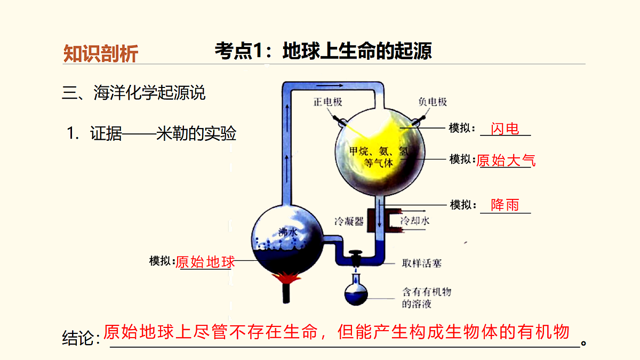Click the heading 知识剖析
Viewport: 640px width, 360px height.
click(x=101, y=53)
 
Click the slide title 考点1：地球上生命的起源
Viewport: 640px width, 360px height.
click(x=323, y=51)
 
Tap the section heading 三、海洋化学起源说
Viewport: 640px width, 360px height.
click(x=133, y=93)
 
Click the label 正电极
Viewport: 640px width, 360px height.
click(x=327, y=102)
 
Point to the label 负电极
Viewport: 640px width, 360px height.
click(x=433, y=102)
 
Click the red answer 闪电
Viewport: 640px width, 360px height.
click(x=505, y=129)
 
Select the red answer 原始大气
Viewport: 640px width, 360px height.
click(x=506, y=161)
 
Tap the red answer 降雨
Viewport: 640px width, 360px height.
click(x=505, y=205)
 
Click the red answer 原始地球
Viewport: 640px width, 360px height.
click(x=205, y=262)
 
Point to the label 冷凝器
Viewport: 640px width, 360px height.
click(x=349, y=221)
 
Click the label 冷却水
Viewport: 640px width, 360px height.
click(x=415, y=221)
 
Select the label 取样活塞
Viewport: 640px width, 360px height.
click(x=422, y=263)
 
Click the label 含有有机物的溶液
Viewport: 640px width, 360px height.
click(x=427, y=298)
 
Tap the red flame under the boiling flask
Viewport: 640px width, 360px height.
click(x=286, y=278)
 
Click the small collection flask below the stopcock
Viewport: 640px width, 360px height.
click(x=356, y=290)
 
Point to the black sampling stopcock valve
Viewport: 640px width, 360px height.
click(x=356, y=257)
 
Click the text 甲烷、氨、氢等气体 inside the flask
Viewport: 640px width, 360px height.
click(x=379, y=157)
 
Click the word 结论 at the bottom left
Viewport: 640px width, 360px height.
click(x=78, y=338)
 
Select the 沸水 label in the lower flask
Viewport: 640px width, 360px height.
click(x=288, y=232)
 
